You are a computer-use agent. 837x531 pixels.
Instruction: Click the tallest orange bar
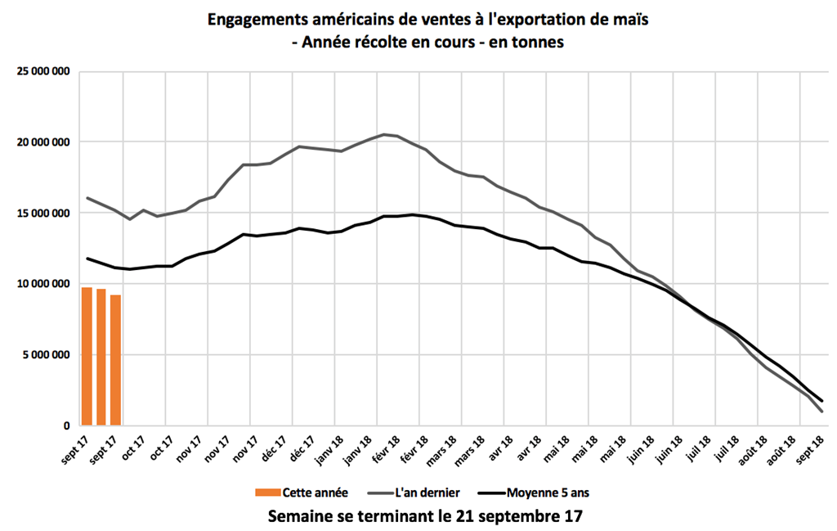87,357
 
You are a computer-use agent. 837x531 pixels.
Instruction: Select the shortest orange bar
116,360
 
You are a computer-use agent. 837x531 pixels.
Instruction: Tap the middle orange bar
101,358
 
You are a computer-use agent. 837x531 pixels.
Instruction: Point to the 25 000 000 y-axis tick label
43,71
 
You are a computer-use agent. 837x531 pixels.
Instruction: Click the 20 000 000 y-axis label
43,142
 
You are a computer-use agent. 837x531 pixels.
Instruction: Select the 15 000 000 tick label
43,213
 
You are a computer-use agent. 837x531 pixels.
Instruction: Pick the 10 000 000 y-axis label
43,284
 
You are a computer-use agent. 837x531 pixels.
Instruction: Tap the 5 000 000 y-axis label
46,354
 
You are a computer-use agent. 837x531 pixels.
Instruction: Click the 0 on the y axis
67,425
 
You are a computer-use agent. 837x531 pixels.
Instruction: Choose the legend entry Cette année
316,492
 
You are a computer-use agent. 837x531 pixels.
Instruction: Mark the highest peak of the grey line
384,134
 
